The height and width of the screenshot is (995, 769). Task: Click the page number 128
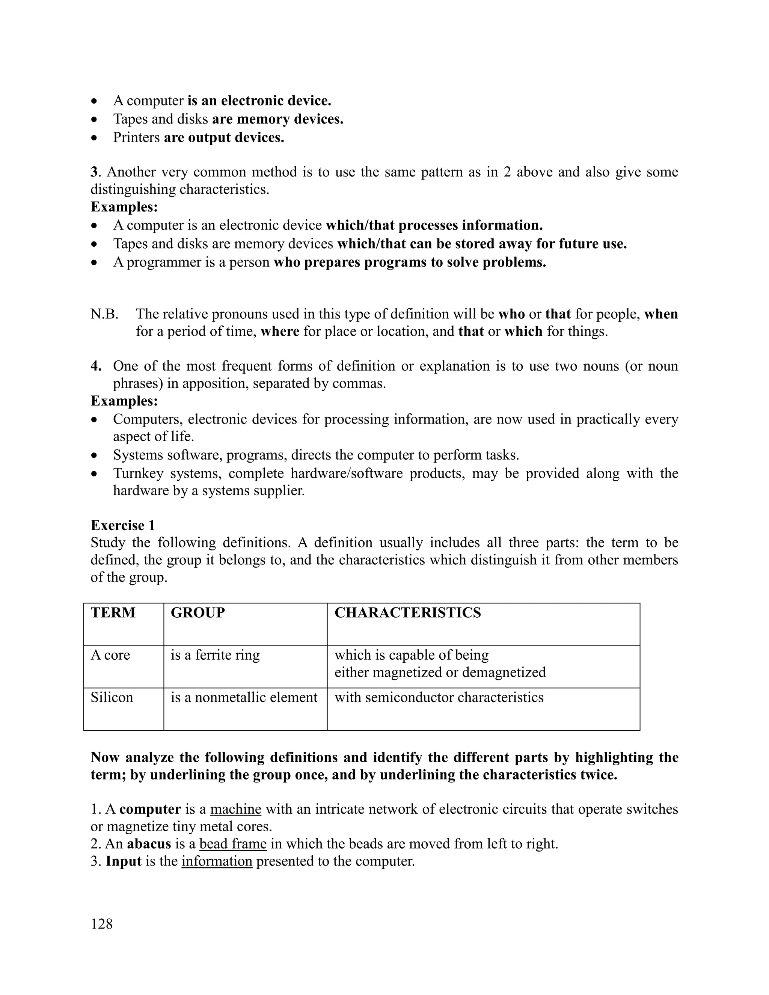pos(102,924)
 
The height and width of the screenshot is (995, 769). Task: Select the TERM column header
pos(113,612)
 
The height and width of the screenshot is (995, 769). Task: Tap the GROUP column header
pos(198,612)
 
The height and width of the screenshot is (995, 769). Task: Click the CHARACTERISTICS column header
pos(407,612)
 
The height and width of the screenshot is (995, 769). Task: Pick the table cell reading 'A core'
pos(110,655)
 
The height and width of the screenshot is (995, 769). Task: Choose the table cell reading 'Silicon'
pos(112,697)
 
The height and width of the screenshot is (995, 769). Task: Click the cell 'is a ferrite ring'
pos(215,655)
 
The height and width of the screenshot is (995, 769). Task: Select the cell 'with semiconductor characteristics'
pos(439,697)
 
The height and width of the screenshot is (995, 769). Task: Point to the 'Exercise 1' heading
pos(122,525)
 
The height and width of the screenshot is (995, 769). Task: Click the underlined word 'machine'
pos(235,809)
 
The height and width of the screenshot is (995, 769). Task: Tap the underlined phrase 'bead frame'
pos(233,844)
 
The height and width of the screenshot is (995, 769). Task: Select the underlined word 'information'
pos(217,861)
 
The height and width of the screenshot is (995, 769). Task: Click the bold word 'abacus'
pos(149,844)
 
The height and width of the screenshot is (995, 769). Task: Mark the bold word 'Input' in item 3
pos(124,861)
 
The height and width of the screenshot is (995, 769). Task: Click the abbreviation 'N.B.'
pos(104,314)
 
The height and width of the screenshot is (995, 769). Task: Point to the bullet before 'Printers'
pos(94,137)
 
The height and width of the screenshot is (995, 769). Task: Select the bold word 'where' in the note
pos(280,331)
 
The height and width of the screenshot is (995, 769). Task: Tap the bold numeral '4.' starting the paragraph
pos(96,366)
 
